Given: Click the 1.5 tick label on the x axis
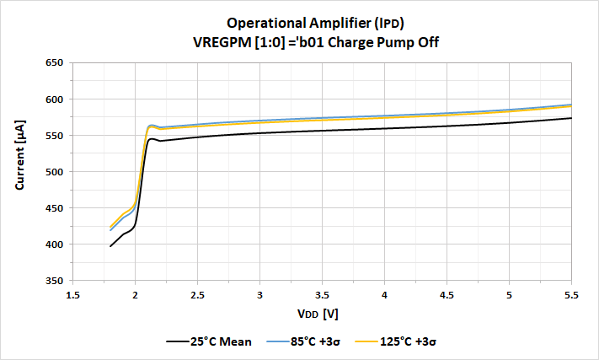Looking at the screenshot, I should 72,295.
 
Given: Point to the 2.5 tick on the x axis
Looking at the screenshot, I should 197,295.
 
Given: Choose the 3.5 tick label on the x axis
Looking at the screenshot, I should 322,295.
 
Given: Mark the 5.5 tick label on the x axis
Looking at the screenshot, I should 571,295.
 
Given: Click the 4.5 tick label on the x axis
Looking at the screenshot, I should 447,295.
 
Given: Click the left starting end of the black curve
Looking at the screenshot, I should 110,246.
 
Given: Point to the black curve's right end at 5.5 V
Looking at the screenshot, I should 571,118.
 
